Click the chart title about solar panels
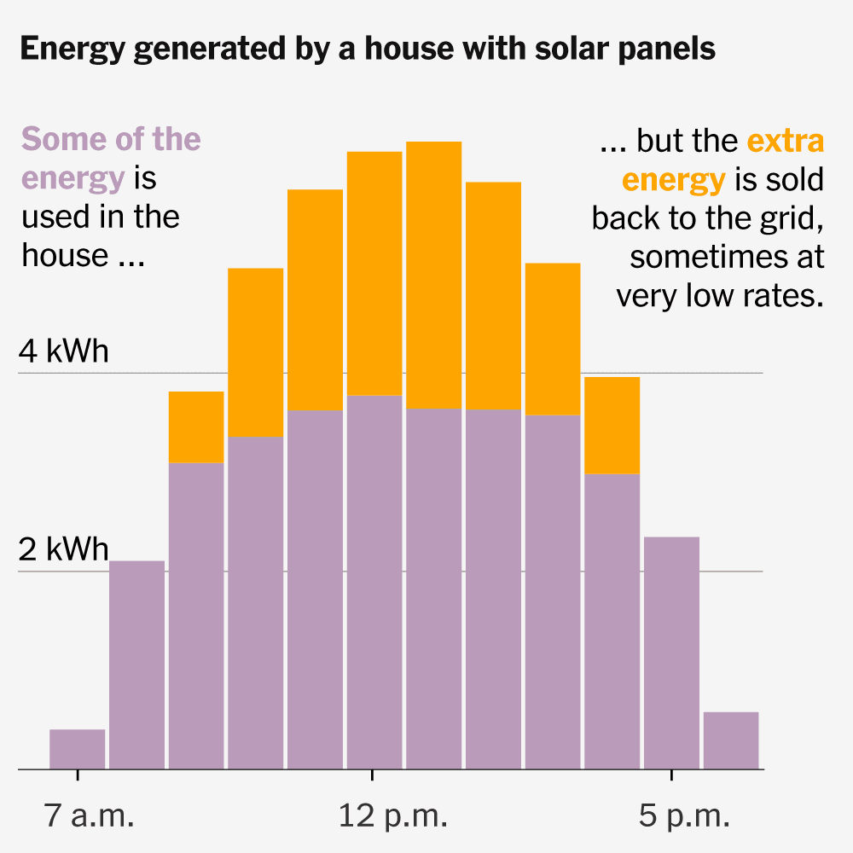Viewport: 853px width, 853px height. tap(368, 49)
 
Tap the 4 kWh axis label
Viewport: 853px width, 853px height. tap(64, 351)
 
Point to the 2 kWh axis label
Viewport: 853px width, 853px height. tap(64, 549)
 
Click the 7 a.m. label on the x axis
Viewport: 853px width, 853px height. tap(90, 815)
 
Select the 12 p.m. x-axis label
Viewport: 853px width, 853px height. tap(392, 815)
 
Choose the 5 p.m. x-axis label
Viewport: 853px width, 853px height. tap(684, 815)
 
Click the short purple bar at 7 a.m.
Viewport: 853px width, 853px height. tap(78, 749)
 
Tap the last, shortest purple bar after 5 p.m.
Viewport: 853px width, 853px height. tap(731, 740)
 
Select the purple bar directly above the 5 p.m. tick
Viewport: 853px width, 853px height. tap(672, 653)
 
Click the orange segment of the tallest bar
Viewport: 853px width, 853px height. tap(434, 276)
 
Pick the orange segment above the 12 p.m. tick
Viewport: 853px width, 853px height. tap(374, 274)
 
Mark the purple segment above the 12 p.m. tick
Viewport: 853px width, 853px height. tap(374, 582)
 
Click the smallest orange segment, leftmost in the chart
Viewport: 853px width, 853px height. tap(196, 427)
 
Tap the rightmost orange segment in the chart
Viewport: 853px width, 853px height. tap(612, 426)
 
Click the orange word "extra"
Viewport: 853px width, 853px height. tap(786, 141)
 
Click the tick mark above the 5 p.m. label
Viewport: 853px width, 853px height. tap(672, 775)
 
